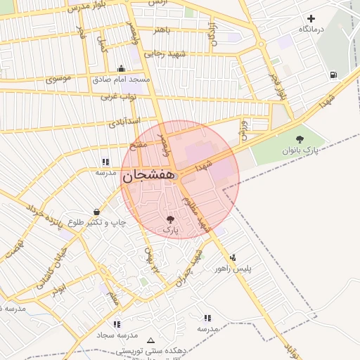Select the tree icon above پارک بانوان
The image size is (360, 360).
300,139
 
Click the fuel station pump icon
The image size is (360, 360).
332,75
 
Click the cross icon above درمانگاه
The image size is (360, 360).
311,18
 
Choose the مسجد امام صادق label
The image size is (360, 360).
122,79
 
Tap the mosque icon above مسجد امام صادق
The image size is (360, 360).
122,69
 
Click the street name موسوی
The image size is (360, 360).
59,79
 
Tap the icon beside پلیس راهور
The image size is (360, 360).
233,257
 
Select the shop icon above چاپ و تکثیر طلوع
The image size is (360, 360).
96,212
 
